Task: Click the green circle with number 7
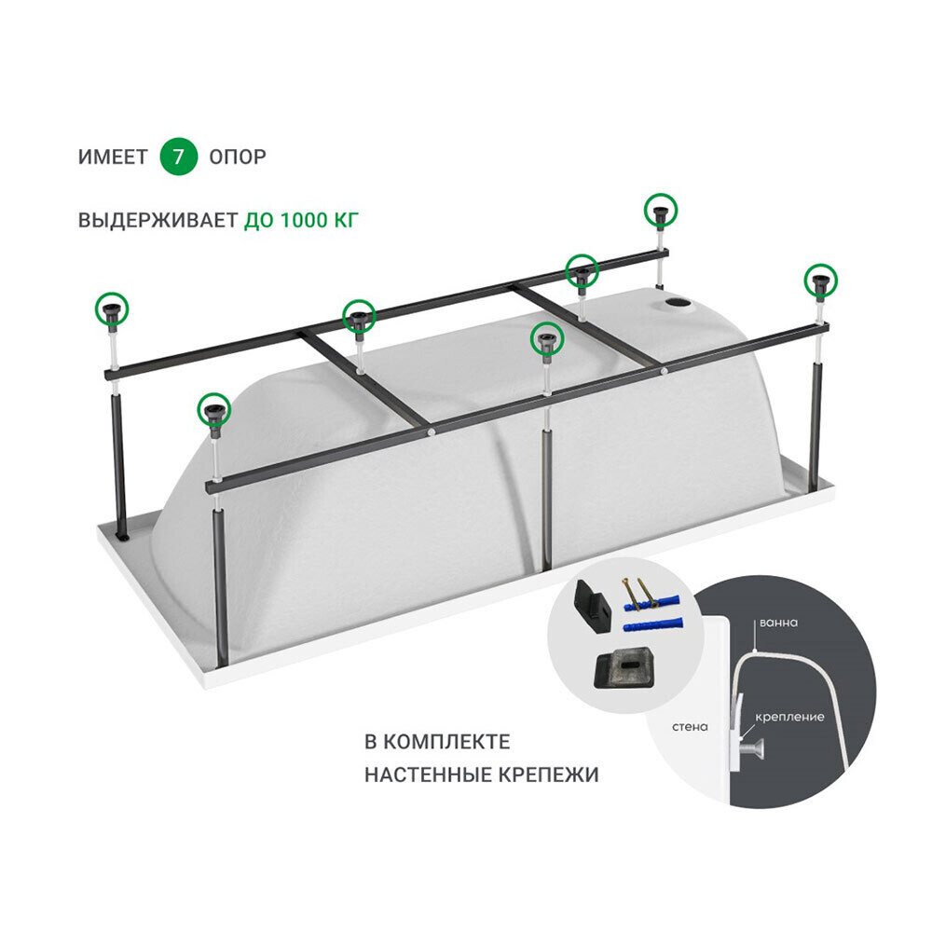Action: pyautogui.click(x=178, y=157)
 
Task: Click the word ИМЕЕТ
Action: pyautogui.click(x=113, y=157)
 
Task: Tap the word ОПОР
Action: pyautogui.click(x=238, y=157)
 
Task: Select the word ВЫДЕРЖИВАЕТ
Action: pyautogui.click(x=158, y=221)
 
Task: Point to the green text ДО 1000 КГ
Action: pyautogui.click(x=301, y=221)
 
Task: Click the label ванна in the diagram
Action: pyautogui.click(x=778, y=623)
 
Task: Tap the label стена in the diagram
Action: pyautogui.click(x=690, y=726)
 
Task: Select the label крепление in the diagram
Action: pyautogui.click(x=789, y=717)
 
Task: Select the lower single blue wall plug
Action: pyautogui.click(x=652, y=626)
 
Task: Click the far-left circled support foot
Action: pyautogui.click(x=112, y=309)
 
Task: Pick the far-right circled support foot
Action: pyautogui.click(x=821, y=280)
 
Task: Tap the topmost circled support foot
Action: pyautogui.click(x=661, y=211)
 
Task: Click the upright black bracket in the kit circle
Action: pyautogui.click(x=591, y=601)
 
